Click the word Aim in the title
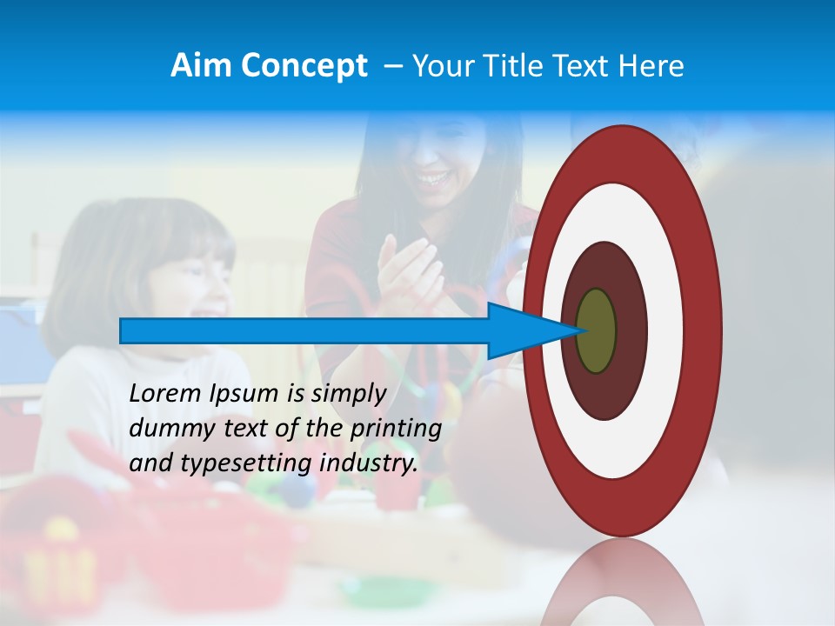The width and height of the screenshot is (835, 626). pos(201,66)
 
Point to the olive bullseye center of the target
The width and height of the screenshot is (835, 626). pos(597,330)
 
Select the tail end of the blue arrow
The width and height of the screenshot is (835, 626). pos(123,330)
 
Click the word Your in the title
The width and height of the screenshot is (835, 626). pos(440,66)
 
